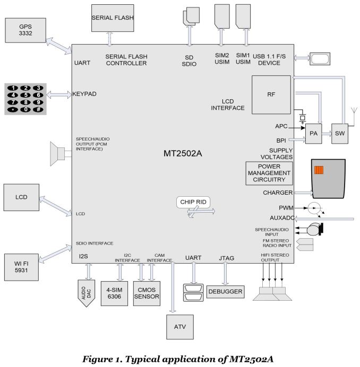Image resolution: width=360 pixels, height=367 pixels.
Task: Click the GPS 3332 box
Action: [25, 30]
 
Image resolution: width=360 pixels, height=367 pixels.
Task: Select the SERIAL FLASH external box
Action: [113, 18]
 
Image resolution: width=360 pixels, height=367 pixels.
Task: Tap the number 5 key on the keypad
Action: [25, 95]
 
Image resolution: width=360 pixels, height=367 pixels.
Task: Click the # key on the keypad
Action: [38, 109]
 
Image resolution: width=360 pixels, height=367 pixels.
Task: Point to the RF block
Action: [271, 94]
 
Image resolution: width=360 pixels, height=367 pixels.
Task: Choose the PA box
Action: [314, 134]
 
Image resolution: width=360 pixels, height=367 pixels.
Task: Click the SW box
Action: [340, 134]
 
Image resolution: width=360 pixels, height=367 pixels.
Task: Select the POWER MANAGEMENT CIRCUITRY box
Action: [269, 173]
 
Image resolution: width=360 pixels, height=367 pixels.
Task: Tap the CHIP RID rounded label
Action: [193, 202]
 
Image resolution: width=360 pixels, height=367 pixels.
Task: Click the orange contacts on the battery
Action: [319, 170]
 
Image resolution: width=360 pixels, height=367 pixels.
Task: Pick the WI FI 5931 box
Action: [21, 267]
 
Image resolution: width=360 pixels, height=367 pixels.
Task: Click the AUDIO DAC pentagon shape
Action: [86, 293]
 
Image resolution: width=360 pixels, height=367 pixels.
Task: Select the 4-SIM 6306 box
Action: [114, 293]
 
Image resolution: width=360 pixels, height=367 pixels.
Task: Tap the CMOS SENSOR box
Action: [147, 293]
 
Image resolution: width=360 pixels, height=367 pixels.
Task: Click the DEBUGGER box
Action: [226, 292]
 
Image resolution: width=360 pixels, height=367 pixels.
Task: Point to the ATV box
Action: [180, 327]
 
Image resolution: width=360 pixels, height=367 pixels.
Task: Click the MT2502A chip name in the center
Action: [183, 154]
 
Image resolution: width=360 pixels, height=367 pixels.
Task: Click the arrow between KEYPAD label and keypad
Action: [59, 95]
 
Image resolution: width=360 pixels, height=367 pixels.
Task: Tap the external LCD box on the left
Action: [21, 197]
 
